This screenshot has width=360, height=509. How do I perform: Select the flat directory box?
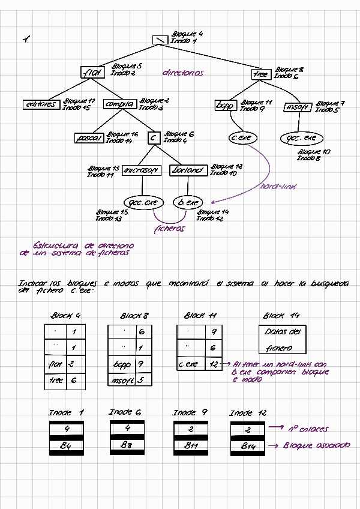click(x=93, y=73)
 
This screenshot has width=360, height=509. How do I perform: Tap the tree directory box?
click(x=261, y=74)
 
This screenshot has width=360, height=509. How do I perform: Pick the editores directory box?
click(x=41, y=104)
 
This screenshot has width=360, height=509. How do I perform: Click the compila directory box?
click(x=119, y=104)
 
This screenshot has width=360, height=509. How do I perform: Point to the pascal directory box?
click(x=89, y=138)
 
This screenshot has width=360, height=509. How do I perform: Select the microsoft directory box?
click(x=142, y=170)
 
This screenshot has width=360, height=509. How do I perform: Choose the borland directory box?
click(x=188, y=170)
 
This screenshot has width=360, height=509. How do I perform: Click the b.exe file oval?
click(x=188, y=203)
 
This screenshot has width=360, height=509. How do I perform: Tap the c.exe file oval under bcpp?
click(x=241, y=138)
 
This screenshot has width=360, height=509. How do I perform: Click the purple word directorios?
click(x=183, y=73)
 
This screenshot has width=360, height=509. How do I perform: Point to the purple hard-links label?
click(x=279, y=186)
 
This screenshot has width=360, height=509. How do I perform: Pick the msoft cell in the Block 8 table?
click(x=122, y=380)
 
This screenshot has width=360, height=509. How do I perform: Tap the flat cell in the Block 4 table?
click(x=55, y=364)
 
